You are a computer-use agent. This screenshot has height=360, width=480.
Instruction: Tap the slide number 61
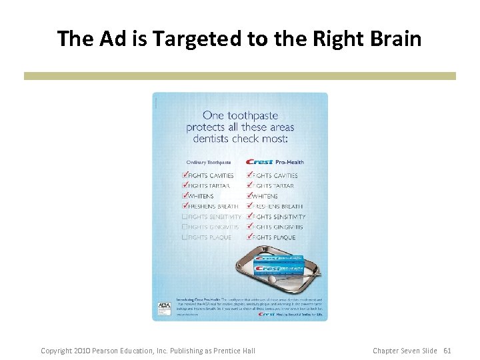[x=447, y=351]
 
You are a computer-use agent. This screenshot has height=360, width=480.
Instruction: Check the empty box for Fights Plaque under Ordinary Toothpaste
[x=185, y=237]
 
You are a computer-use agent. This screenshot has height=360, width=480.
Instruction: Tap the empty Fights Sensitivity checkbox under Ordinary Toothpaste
[x=185, y=217]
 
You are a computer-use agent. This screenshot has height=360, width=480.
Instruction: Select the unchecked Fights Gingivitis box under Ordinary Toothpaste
[x=185, y=227]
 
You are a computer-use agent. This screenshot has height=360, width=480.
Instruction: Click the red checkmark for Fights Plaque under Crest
[x=250, y=237]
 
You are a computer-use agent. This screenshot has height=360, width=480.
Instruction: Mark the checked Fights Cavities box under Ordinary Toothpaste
[x=185, y=175]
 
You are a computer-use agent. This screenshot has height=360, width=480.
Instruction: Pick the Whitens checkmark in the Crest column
[x=250, y=195]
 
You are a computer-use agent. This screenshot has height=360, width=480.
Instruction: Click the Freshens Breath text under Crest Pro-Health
[x=278, y=207]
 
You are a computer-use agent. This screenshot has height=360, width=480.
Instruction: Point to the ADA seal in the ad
[x=164, y=308]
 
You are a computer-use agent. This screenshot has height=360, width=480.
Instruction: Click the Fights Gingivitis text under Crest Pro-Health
[x=278, y=227]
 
